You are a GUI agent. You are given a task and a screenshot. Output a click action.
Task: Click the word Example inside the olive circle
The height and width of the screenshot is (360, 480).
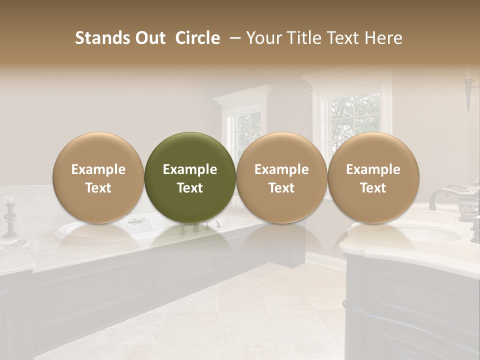point(190,170)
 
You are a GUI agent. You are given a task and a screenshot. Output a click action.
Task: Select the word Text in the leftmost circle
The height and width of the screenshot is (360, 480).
point(98,188)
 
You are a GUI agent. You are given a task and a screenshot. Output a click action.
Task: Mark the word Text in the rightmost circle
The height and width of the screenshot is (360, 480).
point(373,188)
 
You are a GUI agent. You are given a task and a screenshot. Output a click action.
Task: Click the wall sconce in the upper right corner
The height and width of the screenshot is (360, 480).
point(468,92)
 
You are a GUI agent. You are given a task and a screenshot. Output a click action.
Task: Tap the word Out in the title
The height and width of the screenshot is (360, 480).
point(150,38)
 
